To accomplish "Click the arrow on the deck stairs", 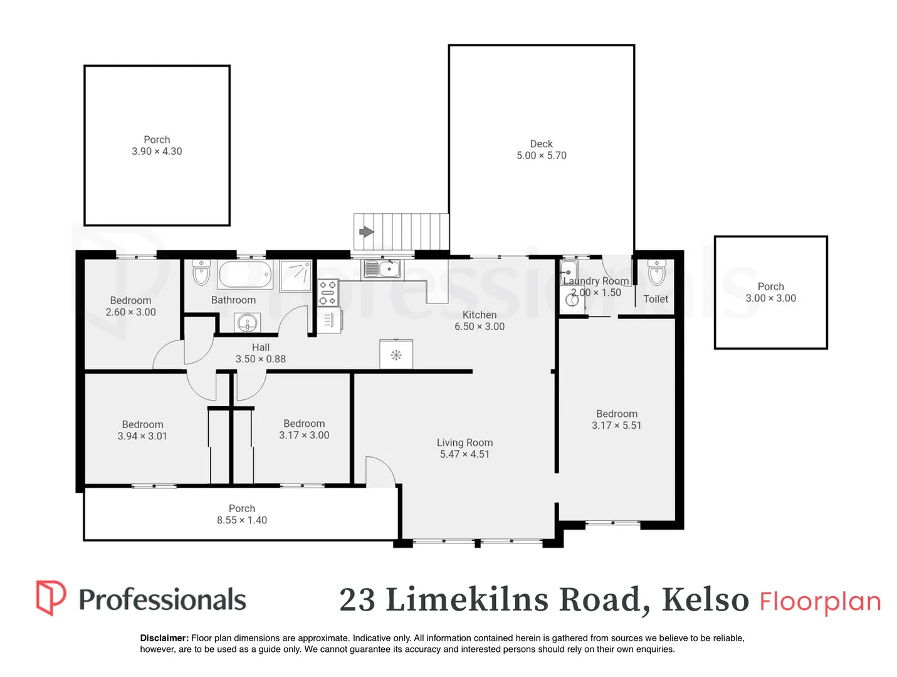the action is pos(366,232).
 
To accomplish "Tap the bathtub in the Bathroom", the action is pos(245,274).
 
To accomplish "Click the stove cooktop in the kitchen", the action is pos(328,293).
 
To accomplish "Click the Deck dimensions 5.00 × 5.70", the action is pos(541,155).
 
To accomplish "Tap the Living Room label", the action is pos(464,443).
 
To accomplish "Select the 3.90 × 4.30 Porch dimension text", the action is pos(157,151).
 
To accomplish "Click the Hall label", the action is pos(260,347).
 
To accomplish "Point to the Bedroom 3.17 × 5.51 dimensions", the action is pos(616,426).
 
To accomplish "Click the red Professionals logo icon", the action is pos(51,597).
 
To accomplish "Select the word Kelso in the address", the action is pos(705,599).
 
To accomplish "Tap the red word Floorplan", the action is pos(820,601).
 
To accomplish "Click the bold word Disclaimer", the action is pos(164,638).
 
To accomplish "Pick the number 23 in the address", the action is pos(357,600).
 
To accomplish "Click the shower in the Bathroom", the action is pos(295,276).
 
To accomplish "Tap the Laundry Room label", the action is pos(595,281).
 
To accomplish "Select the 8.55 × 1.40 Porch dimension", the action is pos(241,520).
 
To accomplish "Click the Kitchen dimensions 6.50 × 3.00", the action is pos(480,327).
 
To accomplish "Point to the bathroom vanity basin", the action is pos(247,322).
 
